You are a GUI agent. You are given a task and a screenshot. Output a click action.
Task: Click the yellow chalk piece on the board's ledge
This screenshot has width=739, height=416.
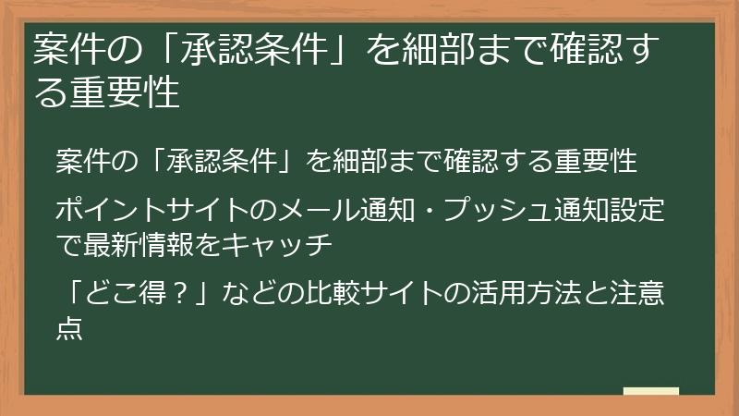(651, 391)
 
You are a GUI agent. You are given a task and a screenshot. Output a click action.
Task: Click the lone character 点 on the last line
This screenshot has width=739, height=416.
(69, 328)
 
